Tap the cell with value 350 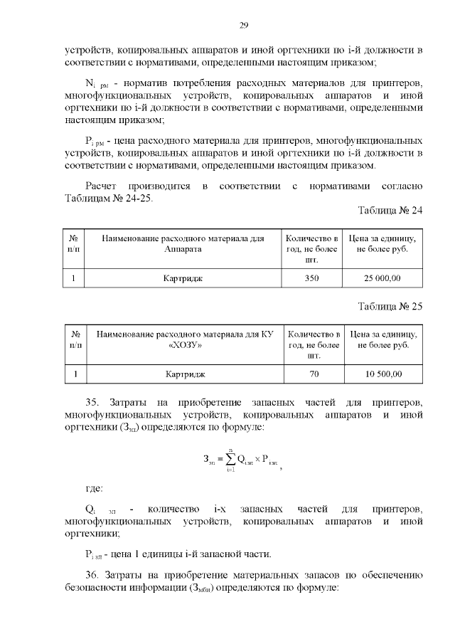311,278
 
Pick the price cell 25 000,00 382,278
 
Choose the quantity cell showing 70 314,374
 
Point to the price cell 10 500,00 384,374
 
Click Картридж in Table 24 183,278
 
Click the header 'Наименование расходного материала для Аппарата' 183,244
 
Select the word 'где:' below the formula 94,488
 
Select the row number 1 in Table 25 75,374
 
